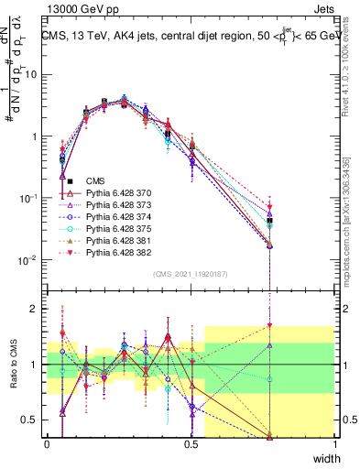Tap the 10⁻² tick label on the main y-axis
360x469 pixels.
(x=29, y=260)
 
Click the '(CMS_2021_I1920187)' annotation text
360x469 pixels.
(x=191, y=274)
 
